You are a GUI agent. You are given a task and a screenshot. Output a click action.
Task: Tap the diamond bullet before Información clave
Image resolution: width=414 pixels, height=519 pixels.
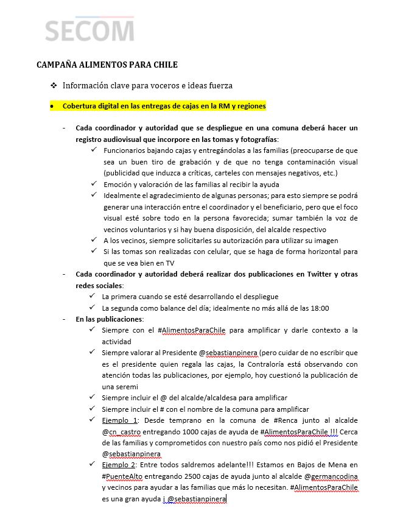[x=54, y=85]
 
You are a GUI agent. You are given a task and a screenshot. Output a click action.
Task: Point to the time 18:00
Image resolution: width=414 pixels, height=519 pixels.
[x=320, y=308]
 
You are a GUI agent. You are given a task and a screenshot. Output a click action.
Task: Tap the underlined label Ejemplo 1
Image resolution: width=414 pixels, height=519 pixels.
[x=120, y=420]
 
